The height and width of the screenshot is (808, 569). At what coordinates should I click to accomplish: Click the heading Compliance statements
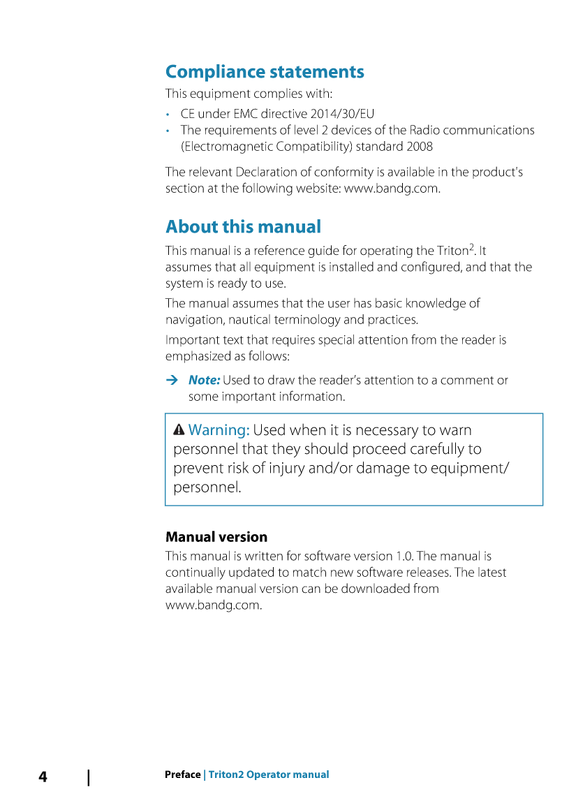[265, 72]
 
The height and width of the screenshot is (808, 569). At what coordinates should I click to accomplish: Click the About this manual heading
[243, 227]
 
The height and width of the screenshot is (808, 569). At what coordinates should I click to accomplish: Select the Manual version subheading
[216, 537]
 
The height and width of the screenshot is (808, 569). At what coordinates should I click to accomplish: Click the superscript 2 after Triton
[472, 247]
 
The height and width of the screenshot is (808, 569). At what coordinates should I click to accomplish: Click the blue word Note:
[204, 381]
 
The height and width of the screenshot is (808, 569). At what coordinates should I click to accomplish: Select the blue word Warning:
[219, 430]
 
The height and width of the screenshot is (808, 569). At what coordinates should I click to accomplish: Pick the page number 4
[43, 777]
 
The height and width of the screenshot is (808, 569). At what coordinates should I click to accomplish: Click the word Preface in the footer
[182, 774]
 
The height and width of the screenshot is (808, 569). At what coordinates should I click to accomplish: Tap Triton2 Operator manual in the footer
[269, 774]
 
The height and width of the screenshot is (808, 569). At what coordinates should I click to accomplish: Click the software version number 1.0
[404, 557]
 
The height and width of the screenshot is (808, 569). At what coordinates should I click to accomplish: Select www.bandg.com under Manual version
[213, 605]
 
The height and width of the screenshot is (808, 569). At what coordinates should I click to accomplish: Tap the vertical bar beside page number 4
[89, 777]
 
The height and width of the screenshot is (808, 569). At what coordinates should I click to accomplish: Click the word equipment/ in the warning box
[467, 468]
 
